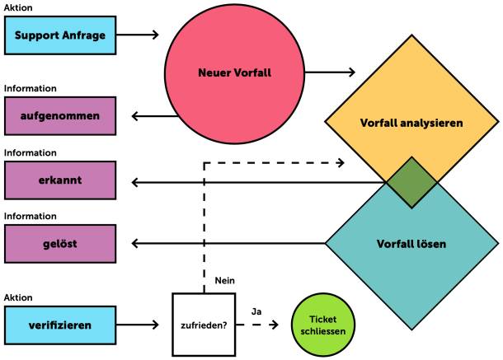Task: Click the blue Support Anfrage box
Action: (x=59, y=35)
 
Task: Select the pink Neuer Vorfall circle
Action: (x=235, y=72)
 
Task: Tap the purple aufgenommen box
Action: (x=59, y=116)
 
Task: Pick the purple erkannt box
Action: (x=59, y=180)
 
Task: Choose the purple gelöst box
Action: (x=59, y=244)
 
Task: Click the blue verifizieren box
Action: (x=59, y=325)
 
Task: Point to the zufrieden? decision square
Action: (x=204, y=325)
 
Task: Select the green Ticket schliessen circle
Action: (x=322, y=325)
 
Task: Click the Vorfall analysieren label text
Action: (x=411, y=123)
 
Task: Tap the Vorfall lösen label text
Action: (x=411, y=245)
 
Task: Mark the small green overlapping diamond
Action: (x=411, y=181)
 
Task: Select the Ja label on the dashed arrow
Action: (x=256, y=311)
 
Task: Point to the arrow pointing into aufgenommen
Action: (x=153, y=116)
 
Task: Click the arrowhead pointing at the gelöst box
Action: (x=136, y=244)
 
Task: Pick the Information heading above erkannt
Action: (x=31, y=153)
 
